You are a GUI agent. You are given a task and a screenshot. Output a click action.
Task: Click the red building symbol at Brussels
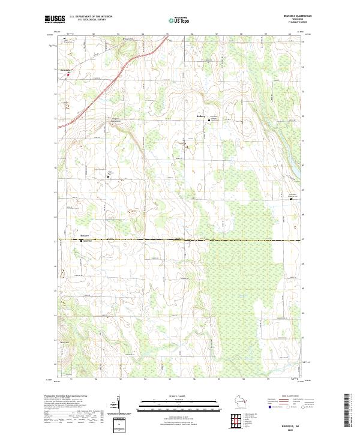(x=68, y=74)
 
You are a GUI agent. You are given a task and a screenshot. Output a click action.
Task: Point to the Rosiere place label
(x=85, y=236)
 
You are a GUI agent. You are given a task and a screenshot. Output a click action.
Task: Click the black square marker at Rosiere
(x=81, y=241)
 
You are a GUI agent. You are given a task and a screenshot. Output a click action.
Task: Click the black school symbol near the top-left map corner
(x=65, y=38)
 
